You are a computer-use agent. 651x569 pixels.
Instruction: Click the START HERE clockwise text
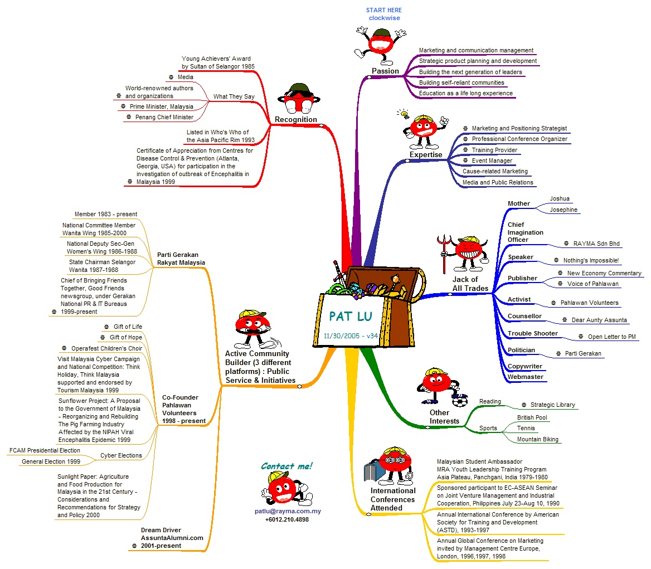(x=383, y=14)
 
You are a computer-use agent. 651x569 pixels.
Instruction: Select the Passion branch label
(x=385, y=71)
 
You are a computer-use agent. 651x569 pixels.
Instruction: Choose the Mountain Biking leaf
(x=537, y=439)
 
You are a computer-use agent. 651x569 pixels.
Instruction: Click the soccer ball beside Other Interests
(x=460, y=401)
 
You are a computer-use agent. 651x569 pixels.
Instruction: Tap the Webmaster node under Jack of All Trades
(x=525, y=377)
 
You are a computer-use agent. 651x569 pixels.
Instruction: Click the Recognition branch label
(x=295, y=119)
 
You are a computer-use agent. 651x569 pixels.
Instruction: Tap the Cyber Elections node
(x=121, y=455)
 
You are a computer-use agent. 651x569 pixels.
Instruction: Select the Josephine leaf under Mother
(x=563, y=210)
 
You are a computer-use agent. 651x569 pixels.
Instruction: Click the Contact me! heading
(x=286, y=466)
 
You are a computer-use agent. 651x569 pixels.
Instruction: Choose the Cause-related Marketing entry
(x=495, y=171)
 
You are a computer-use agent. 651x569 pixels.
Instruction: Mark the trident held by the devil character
(x=444, y=249)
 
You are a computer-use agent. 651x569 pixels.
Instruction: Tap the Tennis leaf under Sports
(x=526, y=428)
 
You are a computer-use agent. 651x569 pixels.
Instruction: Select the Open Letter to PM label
(x=611, y=337)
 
